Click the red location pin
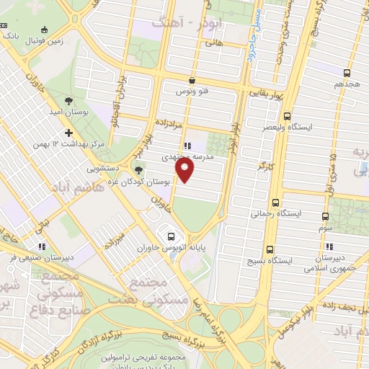[x=185, y=171]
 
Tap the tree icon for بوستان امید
[x=68, y=101]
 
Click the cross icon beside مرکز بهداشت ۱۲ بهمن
[x=69, y=133]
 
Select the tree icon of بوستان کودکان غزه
[x=138, y=170]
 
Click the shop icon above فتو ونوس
[x=192, y=80]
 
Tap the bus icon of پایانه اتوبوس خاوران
[x=171, y=235]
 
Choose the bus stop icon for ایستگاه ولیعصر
[x=288, y=115]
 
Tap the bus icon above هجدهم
[x=347, y=73]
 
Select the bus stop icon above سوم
[x=325, y=215]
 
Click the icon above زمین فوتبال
[x=45, y=30]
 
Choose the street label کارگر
[x=266, y=166]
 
